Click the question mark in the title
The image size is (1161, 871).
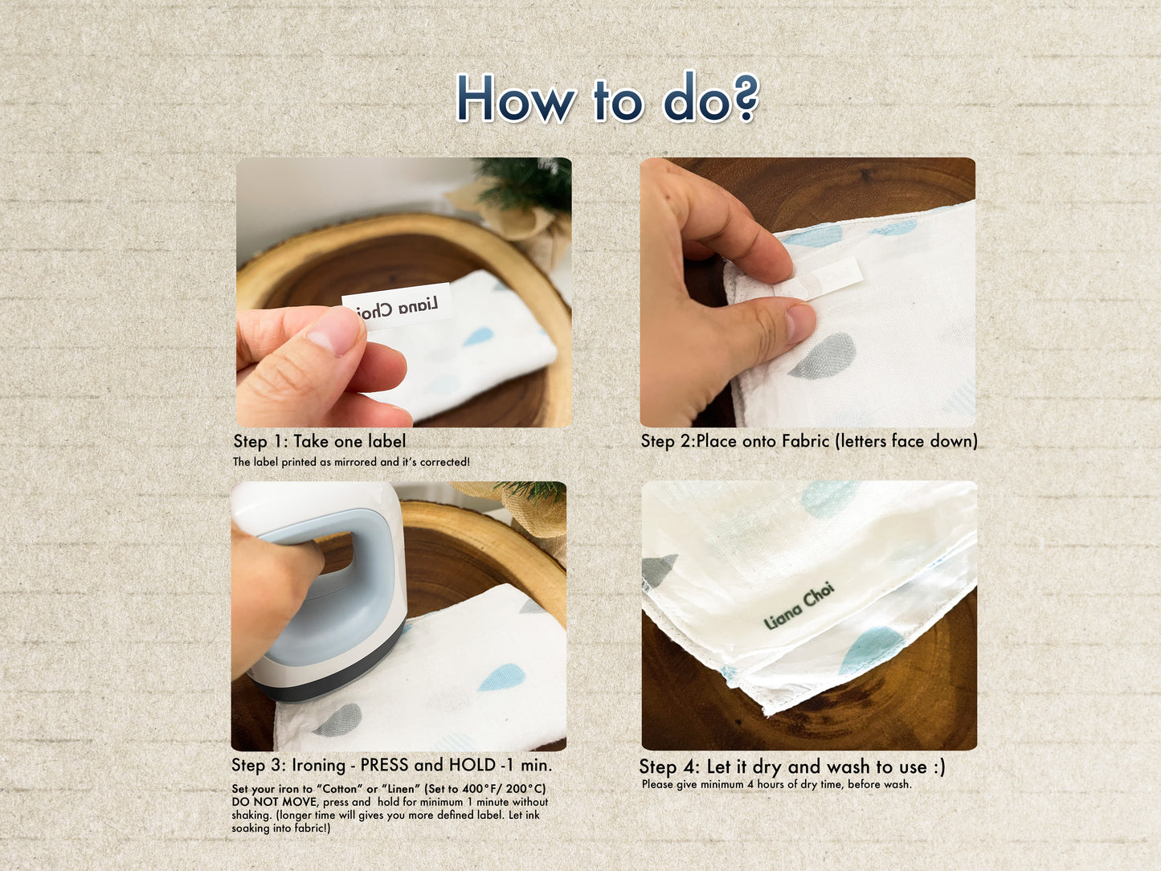click(x=745, y=98)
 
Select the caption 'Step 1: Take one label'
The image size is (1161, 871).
click(x=319, y=441)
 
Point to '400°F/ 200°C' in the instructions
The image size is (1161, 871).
click(x=505, y=789)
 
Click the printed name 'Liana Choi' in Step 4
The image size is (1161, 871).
click(x=799, y=607)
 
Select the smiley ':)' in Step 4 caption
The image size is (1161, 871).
click(x=938, y=767)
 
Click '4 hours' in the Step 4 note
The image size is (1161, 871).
click(x=767, y=784)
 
